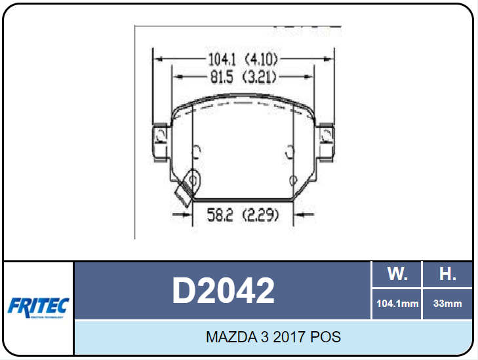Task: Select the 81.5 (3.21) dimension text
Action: click(242, 77)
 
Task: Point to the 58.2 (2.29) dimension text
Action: click(243, 214)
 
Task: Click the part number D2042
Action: click(223, 290)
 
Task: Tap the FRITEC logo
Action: click(38, 306)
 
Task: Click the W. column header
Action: click(397, 274)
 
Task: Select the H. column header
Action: click(447, 274)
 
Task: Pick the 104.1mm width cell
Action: click(397, 304)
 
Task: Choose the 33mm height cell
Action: click(447, 304)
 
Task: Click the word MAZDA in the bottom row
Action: click(228, 338)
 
